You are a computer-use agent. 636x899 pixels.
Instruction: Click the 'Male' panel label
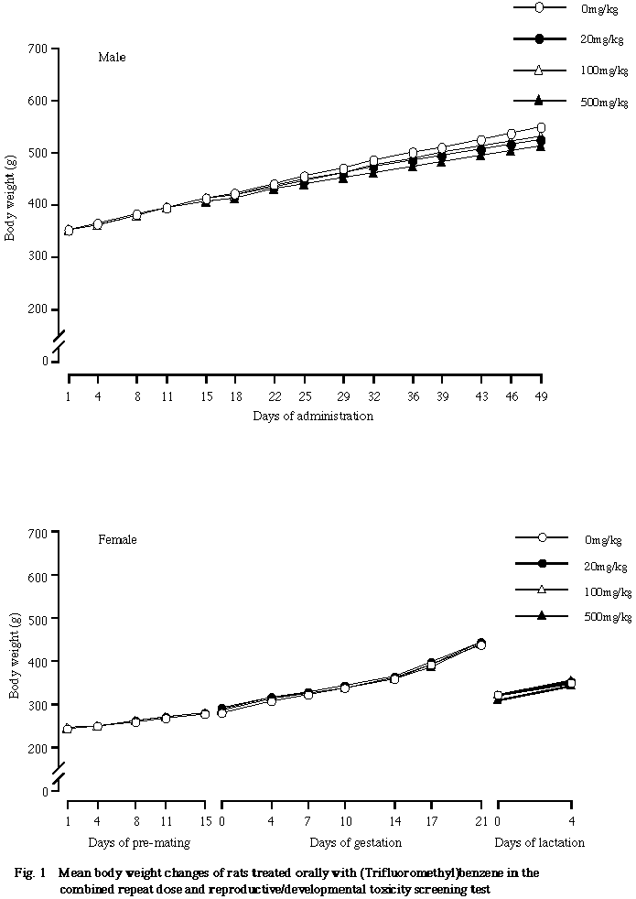click(x=112, y=57)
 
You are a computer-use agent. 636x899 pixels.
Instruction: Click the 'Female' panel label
click(x=117, y=540)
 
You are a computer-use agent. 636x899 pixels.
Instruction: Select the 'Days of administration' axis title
click(x=313, y=417)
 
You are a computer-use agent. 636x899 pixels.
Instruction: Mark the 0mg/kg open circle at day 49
click(x=541, y=128)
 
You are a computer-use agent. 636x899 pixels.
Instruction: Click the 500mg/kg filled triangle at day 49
click(x=541, y=146)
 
